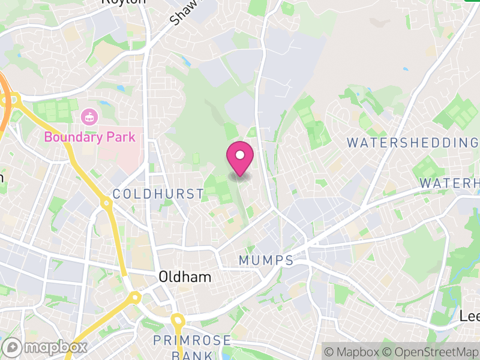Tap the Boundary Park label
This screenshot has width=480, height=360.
click(x=90, y=137)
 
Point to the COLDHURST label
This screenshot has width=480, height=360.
click(x=158, y=193)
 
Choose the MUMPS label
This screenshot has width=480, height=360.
click(x=266, y=260)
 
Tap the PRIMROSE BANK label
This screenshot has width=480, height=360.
click(x=192, y=348)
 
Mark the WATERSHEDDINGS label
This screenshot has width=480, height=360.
click(x=413, y=142)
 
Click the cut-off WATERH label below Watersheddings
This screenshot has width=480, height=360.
click(x=449, y=182)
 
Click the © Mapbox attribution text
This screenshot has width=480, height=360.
click(x=352, y=352)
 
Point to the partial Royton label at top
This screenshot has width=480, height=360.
click(x=124, y=2)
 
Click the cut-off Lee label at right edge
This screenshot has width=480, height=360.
click(x=470, y=316)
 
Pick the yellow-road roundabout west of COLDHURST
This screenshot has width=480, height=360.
click(x=107, y=203)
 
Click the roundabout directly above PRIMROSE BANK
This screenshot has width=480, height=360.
click(x=177, y=319)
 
